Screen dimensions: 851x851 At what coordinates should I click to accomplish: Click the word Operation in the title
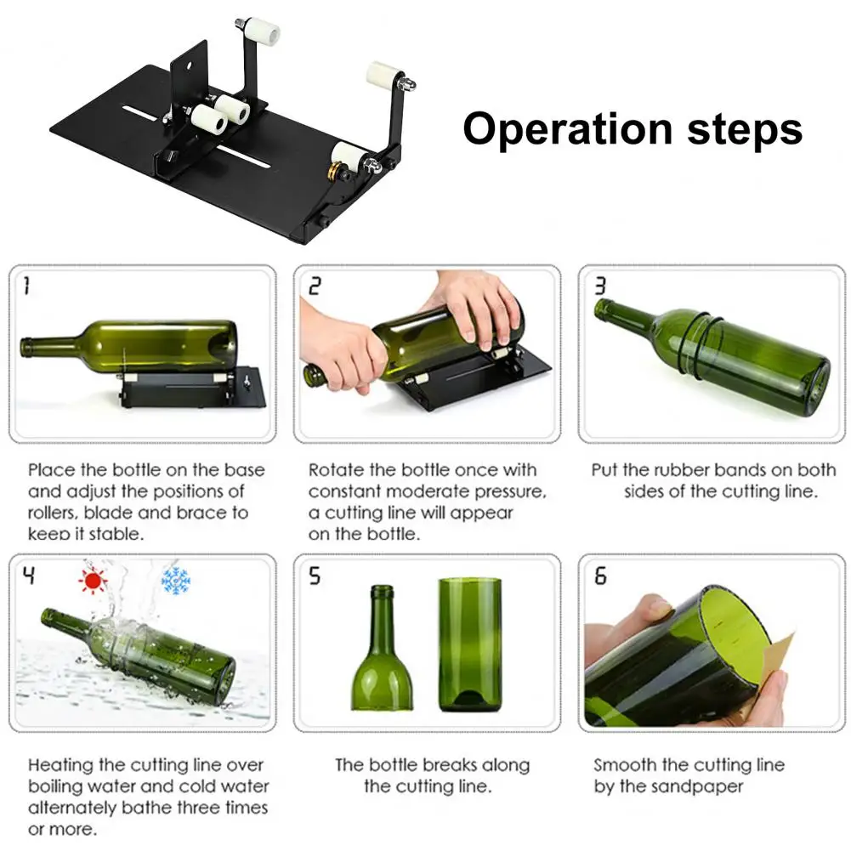(568, 130)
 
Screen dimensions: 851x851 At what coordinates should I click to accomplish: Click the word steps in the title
(745, 130)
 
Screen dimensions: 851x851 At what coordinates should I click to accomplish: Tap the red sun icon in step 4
(93, 582)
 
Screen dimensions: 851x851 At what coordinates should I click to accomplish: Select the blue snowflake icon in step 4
(176, 581)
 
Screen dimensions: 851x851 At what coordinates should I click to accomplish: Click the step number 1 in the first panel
(26, 286)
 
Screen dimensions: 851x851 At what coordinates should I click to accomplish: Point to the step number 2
(315, 286)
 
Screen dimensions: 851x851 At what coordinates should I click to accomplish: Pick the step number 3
(599, 286)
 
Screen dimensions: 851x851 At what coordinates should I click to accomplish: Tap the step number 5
(315, 576)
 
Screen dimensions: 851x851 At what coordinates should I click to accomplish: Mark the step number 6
(600, 576)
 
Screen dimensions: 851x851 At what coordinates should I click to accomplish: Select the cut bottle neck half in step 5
(383, 648)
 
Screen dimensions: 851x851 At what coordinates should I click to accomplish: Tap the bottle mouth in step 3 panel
(601, 309)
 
